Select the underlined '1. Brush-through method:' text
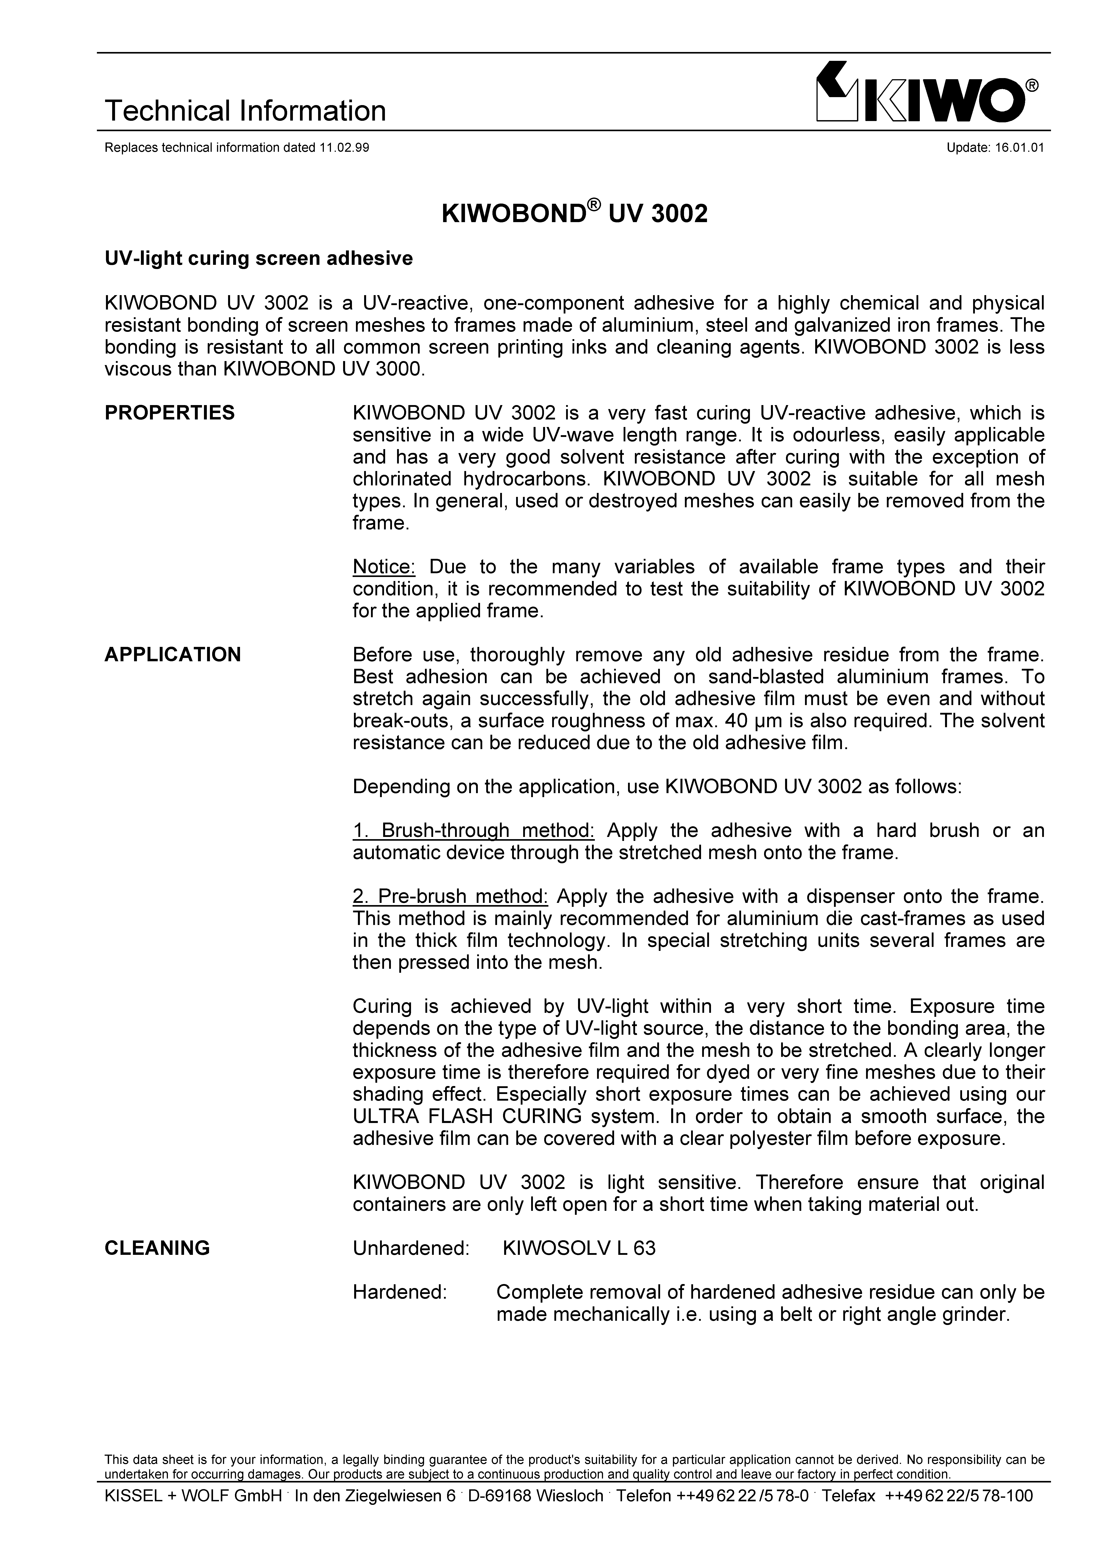point(473,831)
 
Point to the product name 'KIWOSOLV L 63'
point(579,1248)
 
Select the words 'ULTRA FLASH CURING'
point(467,1116)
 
